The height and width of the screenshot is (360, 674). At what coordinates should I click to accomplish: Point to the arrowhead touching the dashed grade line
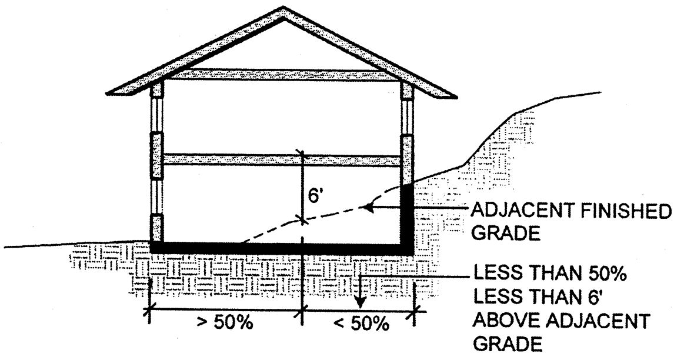368,206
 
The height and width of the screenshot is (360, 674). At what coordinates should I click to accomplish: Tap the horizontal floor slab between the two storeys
282,160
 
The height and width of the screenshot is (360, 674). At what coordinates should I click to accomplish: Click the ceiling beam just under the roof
282,75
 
